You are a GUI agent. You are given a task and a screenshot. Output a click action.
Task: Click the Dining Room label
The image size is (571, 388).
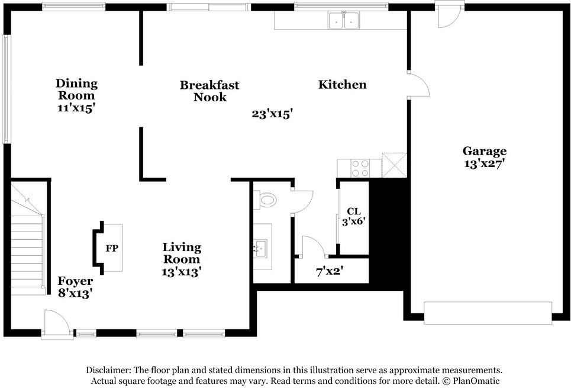(x=76, y=89)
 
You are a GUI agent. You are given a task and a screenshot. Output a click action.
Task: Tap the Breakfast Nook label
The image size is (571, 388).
(x=209, y=91)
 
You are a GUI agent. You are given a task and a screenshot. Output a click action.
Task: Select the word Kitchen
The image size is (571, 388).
(x=343, y=85)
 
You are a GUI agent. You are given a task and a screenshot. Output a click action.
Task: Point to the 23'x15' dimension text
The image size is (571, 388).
(x=272, y=114)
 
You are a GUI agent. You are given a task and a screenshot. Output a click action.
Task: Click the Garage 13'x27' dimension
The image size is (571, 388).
(x=485, y=163)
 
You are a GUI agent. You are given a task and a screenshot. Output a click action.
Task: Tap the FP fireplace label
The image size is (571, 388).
(x=112, y=248)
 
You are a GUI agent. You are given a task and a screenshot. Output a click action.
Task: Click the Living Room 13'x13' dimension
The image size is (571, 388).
(x=182, y=272)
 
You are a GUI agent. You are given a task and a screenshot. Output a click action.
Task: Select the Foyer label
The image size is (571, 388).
(x=75, y=281)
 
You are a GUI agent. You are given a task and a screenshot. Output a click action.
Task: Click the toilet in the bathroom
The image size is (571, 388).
(x=265, y=200)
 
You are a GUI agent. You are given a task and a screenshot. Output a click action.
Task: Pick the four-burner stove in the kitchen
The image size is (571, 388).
(x=360, y=168)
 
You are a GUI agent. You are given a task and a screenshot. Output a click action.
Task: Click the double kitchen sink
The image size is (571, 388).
(x=343, y=20)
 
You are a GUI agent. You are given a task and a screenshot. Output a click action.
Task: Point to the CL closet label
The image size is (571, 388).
(x=354, y=211)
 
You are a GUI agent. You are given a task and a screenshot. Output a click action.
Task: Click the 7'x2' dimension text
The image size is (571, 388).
(x=330, y=271)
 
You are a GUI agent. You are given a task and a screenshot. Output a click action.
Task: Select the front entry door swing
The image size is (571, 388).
(x=56, y=323)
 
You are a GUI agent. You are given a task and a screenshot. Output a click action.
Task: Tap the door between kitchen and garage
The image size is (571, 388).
(x=419, y=84)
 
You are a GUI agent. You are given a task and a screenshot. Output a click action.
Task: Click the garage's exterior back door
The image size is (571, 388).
(x=450, y=15)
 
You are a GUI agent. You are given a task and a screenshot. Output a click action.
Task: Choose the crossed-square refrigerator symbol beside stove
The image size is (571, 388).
(x=394, y=165)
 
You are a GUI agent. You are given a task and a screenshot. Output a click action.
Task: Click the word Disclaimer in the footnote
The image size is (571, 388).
(x=108, y=370)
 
